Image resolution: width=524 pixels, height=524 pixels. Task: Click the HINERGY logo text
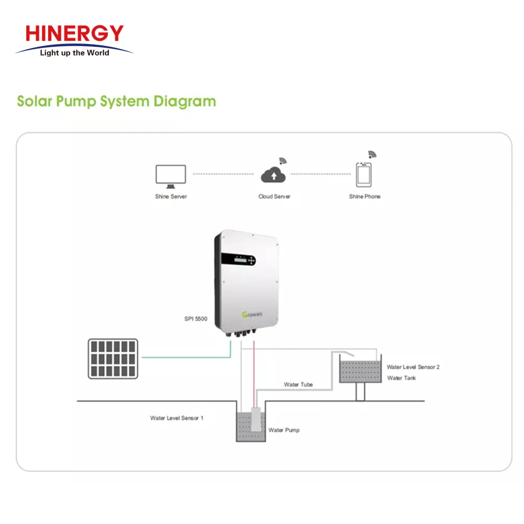(74, 34)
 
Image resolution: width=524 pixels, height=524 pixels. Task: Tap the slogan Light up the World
(75, 53)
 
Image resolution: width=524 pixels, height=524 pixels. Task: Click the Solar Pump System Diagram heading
(116, 101)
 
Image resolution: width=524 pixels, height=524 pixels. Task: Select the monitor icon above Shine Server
(171, 176)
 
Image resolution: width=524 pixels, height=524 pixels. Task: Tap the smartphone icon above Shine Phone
(364, 174)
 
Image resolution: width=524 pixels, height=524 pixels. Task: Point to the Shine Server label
(171, 196)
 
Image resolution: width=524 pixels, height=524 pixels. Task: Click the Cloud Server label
(274, 196)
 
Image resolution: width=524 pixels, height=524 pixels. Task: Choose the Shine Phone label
(365, 196)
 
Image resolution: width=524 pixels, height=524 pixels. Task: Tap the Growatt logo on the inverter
(252, 314)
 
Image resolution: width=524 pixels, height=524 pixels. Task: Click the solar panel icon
(113, 358)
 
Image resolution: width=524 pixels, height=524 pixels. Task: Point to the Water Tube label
(298, 385)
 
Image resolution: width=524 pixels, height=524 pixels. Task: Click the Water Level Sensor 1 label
(177, 418)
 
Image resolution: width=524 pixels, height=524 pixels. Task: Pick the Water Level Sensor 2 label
(413, 367)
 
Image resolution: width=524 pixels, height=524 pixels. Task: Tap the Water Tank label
(401, 378)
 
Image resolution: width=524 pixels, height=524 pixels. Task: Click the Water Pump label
(284, 430)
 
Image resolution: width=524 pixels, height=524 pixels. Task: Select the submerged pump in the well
(256, 420)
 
